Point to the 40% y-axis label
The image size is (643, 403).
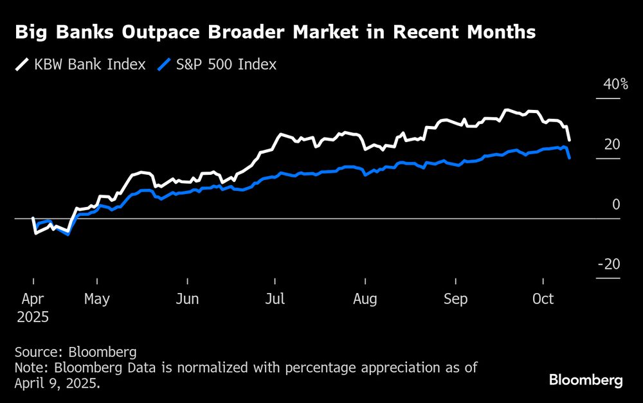coord(615,85)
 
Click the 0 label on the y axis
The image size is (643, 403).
coord(616,204)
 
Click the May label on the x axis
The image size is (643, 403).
coord(97,299)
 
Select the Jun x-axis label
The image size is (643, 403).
coord(187,299)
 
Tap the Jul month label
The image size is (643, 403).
coord(275,299)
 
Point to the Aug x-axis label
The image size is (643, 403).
coord(365,299)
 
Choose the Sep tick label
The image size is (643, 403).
coord(456,299)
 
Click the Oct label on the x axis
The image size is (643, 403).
coord(543,299)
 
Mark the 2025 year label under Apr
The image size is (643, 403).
coord(33,317)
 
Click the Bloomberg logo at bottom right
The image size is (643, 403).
coord(586,380)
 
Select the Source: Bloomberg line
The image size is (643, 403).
coord(76,352)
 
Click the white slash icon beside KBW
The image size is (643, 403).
coord(23,64)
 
